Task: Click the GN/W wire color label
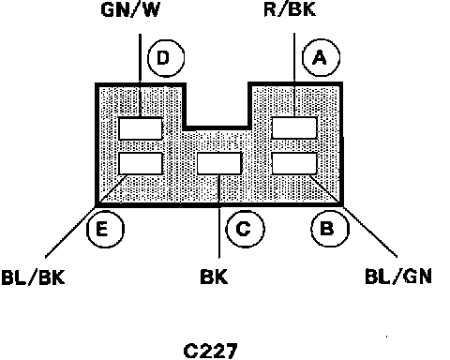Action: (x=130, y=9)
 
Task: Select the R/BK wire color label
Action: (x=290, y=9)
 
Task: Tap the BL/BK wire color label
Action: (x=33, y=277)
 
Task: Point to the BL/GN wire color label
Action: (x=398, y=277)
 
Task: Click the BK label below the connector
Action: (x=214, y=277)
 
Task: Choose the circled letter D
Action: (x=166, y=58)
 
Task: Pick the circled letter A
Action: (x=321, y=57)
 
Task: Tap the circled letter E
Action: (x=105, y=229)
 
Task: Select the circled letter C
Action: (x=245, y=229)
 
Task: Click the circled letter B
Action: (x=329, y=228)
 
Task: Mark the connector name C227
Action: (x=210, y=352)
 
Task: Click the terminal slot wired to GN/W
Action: (x=141, y=128)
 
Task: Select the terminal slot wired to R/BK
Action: (x=294, y=127)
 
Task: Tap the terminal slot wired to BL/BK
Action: (x=141, y=163)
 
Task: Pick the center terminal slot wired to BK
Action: (x=219, y=163)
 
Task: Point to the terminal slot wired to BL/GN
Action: (x=294, y=163)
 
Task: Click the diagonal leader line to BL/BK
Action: (x=86, y=217)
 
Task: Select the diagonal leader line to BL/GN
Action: (x=353, y=216)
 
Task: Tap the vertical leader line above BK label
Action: (x=219, y=217)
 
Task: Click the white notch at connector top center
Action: (x=217, y=105)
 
